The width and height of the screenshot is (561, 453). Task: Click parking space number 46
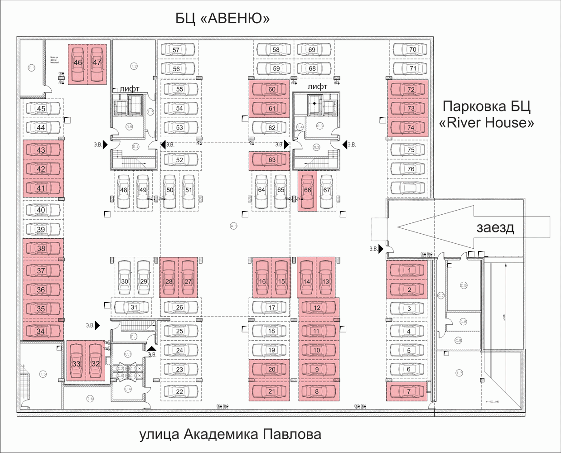78,63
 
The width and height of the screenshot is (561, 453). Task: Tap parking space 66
308,190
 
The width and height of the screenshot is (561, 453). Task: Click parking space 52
179,160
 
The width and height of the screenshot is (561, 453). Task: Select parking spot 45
41,109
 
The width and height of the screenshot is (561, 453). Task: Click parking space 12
317,308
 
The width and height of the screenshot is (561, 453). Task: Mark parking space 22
179,391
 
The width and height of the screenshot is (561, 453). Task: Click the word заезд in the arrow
495,227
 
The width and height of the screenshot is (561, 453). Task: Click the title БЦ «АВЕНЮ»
222,19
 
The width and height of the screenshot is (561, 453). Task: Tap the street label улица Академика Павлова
230,435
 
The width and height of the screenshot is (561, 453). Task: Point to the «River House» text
487,123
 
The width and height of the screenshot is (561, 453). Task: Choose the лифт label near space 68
317,87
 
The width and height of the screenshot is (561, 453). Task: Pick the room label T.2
134,66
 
